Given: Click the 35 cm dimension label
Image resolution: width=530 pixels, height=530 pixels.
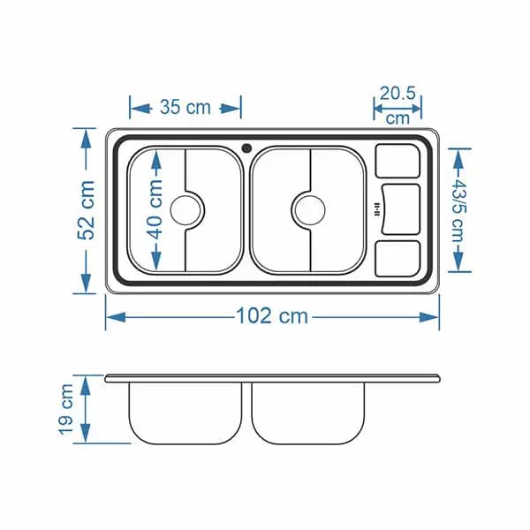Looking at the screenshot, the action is (185, 107).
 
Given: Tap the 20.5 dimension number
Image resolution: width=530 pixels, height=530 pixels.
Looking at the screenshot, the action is (397, 94).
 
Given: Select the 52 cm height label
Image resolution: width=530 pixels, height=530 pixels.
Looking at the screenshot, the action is (87, 210).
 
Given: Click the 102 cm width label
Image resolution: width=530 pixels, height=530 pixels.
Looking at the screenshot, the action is (272, 316).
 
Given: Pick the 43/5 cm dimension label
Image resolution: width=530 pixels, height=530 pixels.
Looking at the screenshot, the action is (458, 210).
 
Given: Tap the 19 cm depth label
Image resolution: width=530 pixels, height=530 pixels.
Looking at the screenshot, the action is (66, 409).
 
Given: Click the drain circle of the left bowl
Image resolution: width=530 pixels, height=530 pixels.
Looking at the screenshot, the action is (185, 210).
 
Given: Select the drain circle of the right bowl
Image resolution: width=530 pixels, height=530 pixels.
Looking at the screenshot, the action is (310, 210).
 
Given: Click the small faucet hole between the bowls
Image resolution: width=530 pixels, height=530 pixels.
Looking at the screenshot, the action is (246, 148).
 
